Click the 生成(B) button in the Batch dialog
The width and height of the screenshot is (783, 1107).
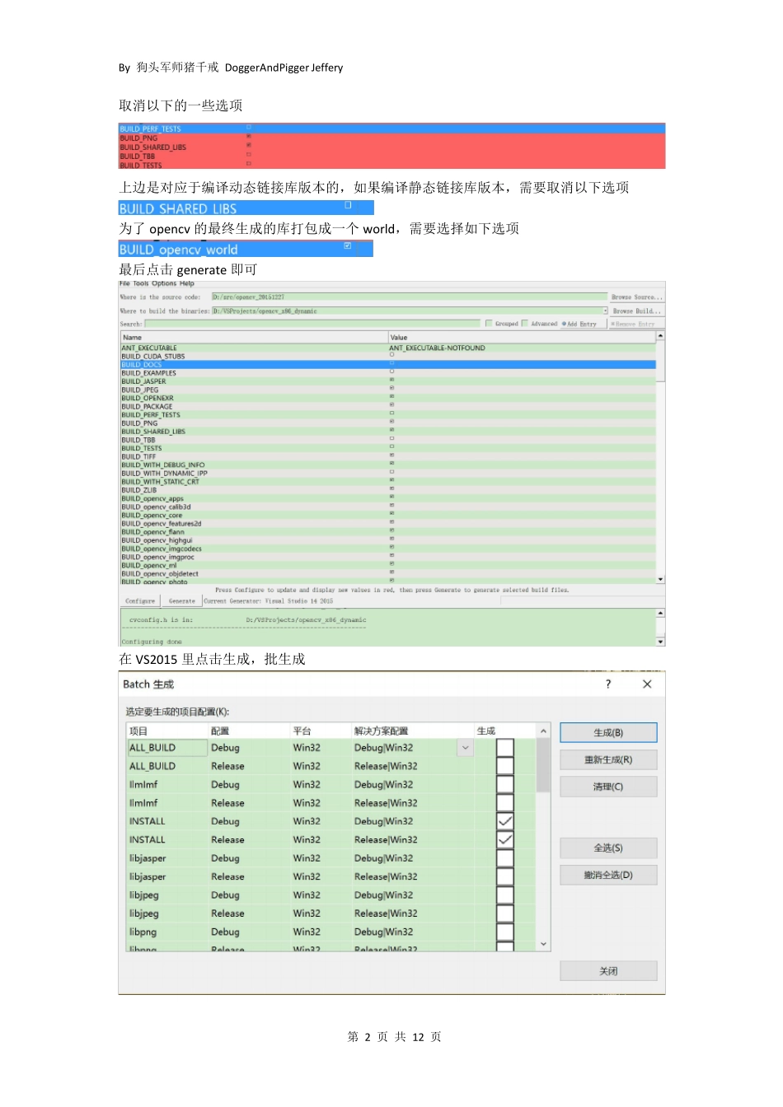pos(608,732)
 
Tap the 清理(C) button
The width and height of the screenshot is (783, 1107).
pos(608,787)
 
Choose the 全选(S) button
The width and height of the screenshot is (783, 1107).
pos(608,848)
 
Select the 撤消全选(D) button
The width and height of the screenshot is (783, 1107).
pos(608,875)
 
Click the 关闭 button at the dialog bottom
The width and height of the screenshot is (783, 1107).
pos(608,971)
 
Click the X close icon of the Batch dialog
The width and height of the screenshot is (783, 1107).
pos(647,684)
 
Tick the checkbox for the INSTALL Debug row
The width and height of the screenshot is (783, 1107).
pos(505,821)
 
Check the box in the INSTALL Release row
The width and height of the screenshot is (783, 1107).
pos(505,839)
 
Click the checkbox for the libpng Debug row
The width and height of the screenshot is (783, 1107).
pos(505,932)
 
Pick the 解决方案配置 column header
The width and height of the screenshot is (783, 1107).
pos(381,731)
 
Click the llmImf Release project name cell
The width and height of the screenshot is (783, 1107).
pos(143,803)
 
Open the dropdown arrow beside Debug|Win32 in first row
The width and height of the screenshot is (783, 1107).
pos(466,748)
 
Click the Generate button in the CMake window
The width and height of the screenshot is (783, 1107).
pos(182,601)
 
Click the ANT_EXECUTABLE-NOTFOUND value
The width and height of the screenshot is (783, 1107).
pos(437,348)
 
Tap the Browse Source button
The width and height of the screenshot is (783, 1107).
pos(636,297)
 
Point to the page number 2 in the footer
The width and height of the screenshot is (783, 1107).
pos(368,1037)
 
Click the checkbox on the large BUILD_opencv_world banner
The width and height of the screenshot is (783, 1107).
pos(348,245)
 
